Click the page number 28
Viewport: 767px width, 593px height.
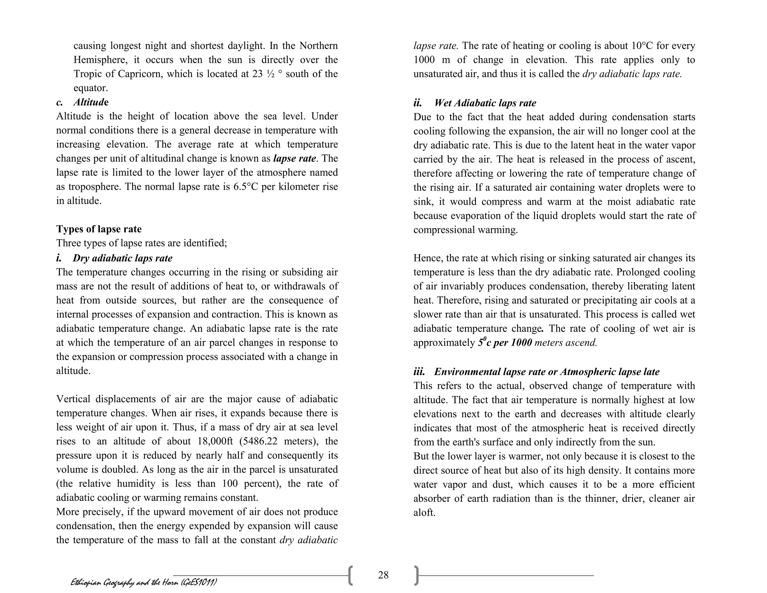(383, 575)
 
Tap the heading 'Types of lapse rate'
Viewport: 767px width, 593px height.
(99, 229)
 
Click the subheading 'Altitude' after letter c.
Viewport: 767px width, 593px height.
(91, 102)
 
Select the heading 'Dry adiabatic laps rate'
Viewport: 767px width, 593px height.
(122, 258)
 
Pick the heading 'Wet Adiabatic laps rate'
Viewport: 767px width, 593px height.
(485, 103)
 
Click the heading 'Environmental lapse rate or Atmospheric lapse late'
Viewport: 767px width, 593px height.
(546, 372)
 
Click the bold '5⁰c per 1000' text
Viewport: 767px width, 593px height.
(505, 343)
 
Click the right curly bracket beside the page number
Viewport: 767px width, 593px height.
(416, 576)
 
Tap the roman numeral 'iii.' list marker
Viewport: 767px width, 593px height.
(419, 372)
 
